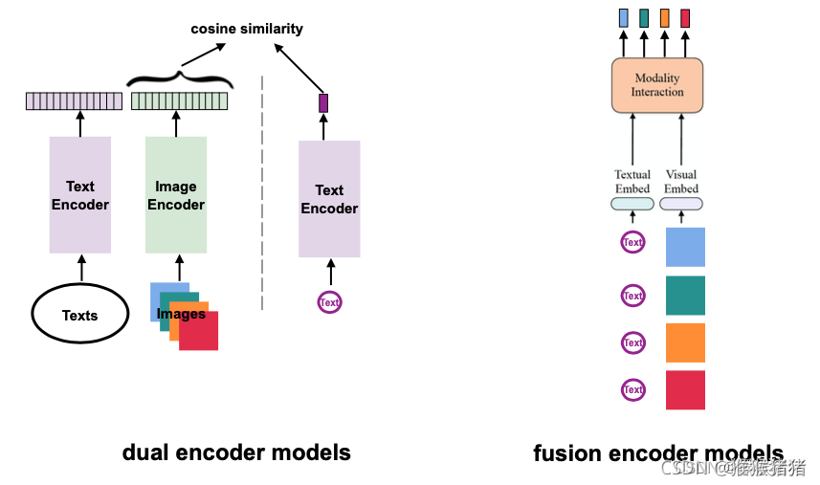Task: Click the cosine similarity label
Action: pos(247,29)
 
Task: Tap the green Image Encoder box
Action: pos(176,195)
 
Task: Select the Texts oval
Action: pos(80,315)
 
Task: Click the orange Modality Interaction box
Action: pos(657,85)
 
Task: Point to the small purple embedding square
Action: pos(323,102)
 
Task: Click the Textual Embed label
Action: pos(632,182)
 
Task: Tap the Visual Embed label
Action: pos(681,182)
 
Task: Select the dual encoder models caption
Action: pos(236,452)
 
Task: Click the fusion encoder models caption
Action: pos(658,453)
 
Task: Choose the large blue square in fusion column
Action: pos(685,247)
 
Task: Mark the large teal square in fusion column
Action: pos(685,296)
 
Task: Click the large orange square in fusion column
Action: pos(685,342)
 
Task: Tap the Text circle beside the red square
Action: pos(632,389)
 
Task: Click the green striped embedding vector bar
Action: pos(179,101)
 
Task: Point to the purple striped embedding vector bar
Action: pos(74,101)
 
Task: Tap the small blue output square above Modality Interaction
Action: pos(623,17)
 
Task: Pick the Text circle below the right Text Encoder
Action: pos(329,302)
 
